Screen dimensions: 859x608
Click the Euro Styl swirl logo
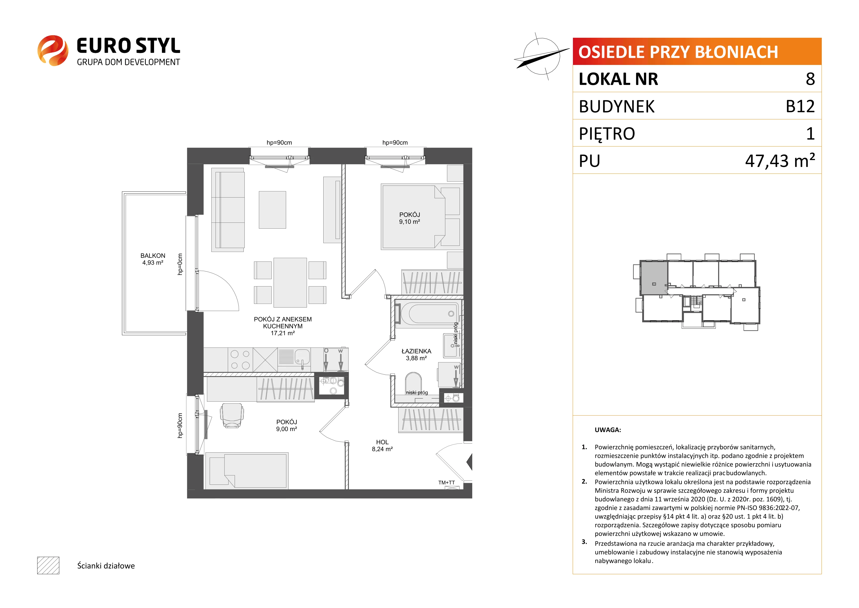(53, 50)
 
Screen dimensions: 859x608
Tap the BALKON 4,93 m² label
(153, 259)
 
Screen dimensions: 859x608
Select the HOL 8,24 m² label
(382, 446)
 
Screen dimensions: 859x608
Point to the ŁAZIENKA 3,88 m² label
(416, 355)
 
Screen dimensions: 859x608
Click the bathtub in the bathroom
(429, 314)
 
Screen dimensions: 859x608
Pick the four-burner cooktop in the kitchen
(240, 360)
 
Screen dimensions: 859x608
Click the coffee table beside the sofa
(272, 210)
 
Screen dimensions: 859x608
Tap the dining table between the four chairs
(290, 282)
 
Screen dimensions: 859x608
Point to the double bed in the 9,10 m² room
(413, 216)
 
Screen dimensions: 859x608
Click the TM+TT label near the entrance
(446, 483)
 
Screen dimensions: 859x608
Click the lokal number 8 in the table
(810, 79)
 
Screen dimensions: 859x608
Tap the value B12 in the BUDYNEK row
(800, 106)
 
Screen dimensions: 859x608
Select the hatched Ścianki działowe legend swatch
(48, 565)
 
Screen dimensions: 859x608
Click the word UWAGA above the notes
(608, 430)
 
